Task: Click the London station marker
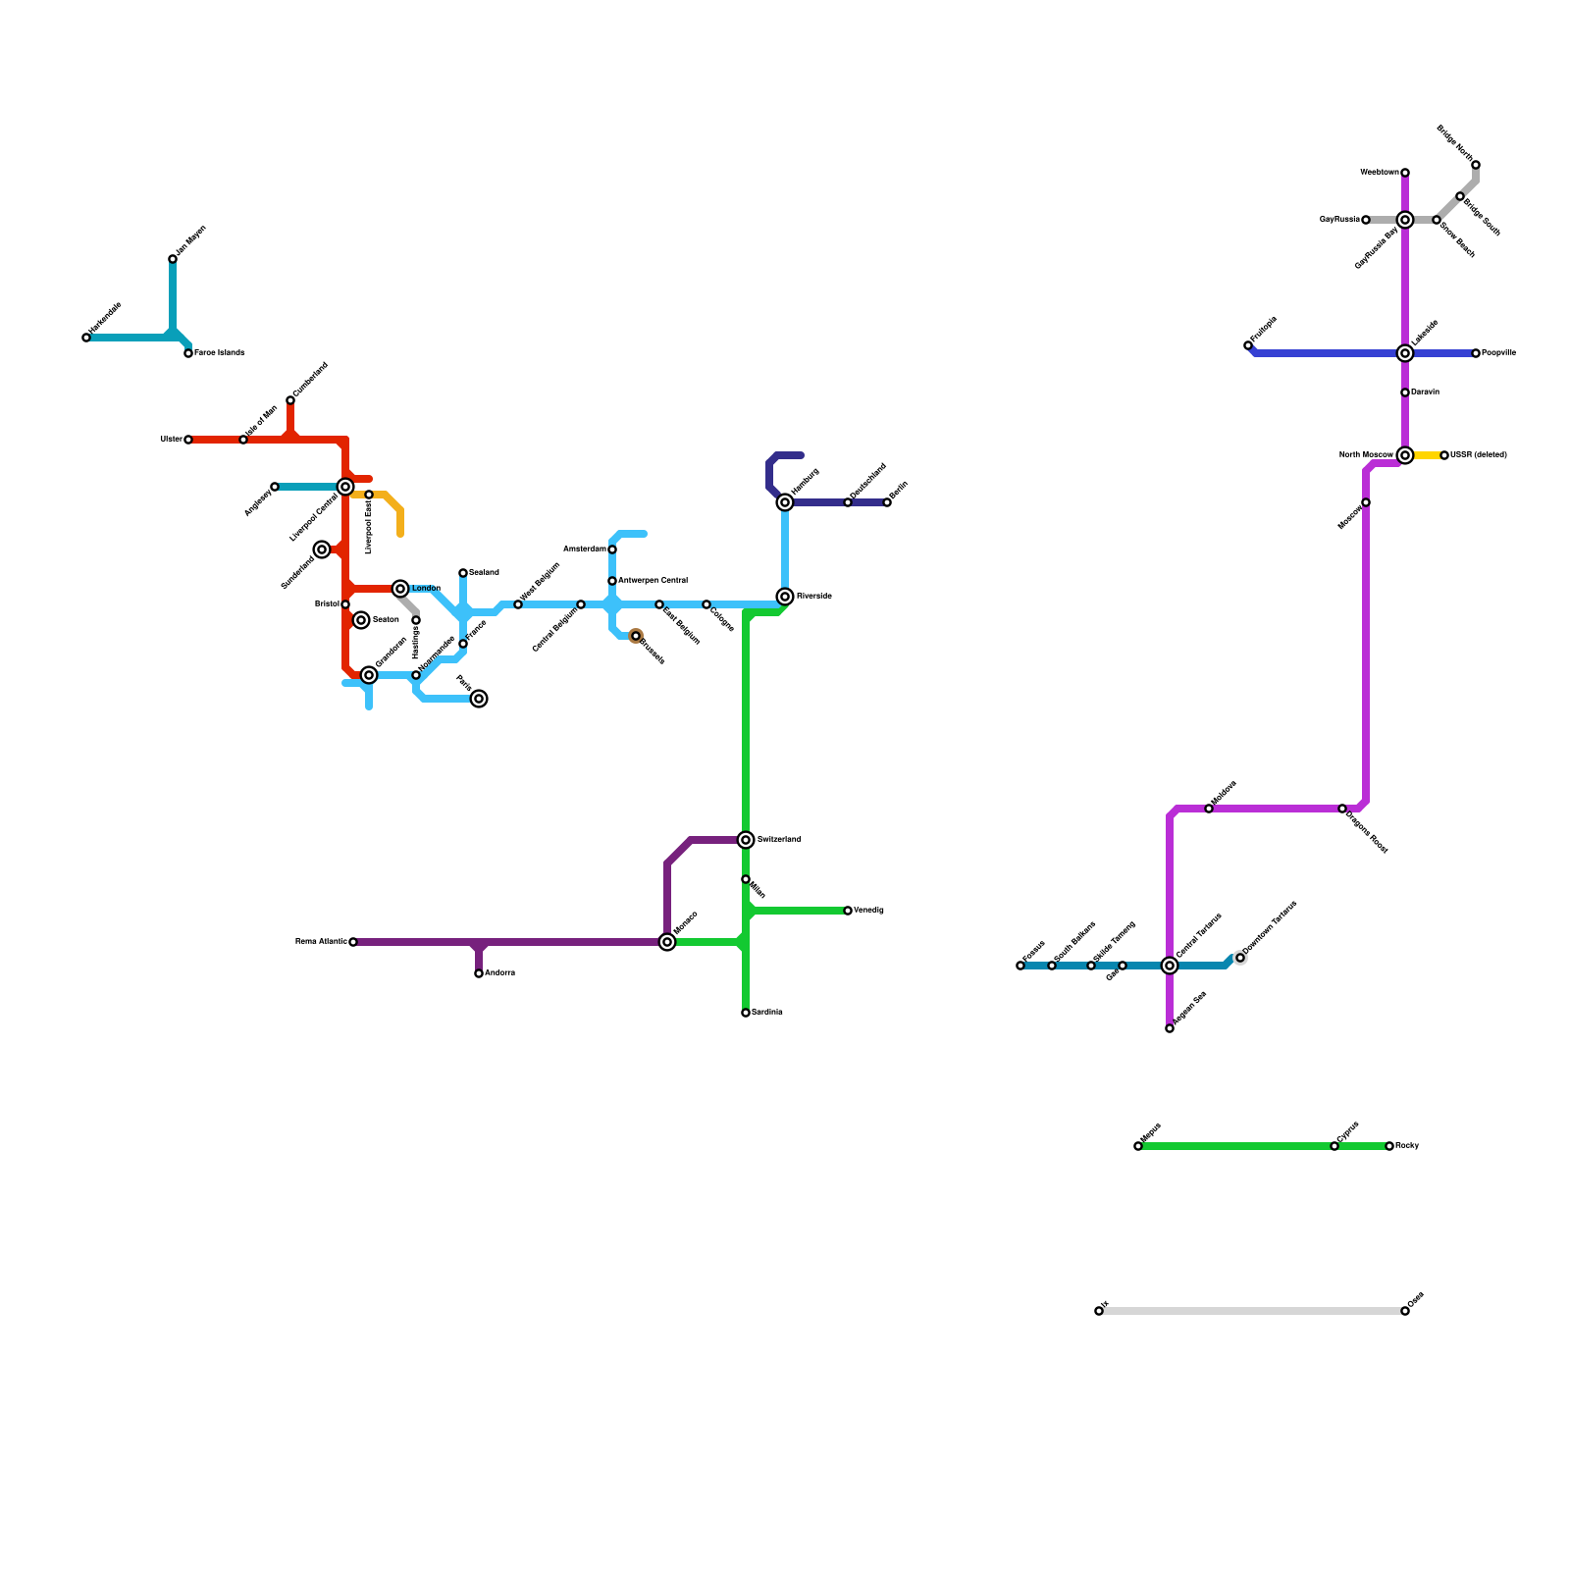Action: coord(400,589)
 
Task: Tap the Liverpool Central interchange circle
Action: coord(345,487)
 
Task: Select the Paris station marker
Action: coord(479,699)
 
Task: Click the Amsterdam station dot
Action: coord(612,549)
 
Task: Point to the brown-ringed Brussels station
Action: coord(636,636)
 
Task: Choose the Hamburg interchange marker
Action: coord(785,502)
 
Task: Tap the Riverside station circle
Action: coord(785,597)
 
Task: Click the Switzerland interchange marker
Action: coord(746,840)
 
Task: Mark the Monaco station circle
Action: coord(667,942)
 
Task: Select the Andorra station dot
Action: coord(479,973)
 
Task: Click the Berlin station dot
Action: coord(887,502)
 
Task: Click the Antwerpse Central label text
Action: coord(653,580)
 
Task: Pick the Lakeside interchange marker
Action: coord(1405,353)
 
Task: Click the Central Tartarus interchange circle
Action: coord(1170,966)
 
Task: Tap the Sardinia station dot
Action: coord(746,1013)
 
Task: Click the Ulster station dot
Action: coord(188,440)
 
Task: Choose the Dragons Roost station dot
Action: coord(1342,809)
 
